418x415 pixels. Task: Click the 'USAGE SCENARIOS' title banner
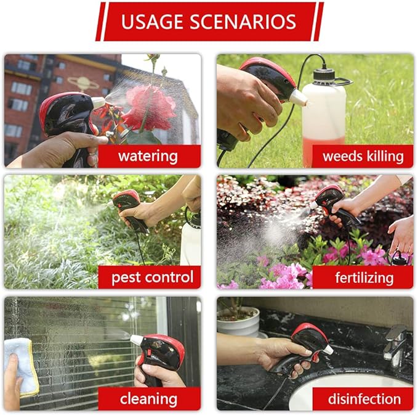(x=209, y=22)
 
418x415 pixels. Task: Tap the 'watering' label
(x=149, y=156)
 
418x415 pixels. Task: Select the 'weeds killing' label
(x=363, y=156)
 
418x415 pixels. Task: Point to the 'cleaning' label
(x=149, y=398)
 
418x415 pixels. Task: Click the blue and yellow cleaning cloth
(x=22, y=364)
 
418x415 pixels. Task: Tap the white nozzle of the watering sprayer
(x=98, y=102)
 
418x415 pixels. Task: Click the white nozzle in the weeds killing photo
(x=298, y=97)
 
